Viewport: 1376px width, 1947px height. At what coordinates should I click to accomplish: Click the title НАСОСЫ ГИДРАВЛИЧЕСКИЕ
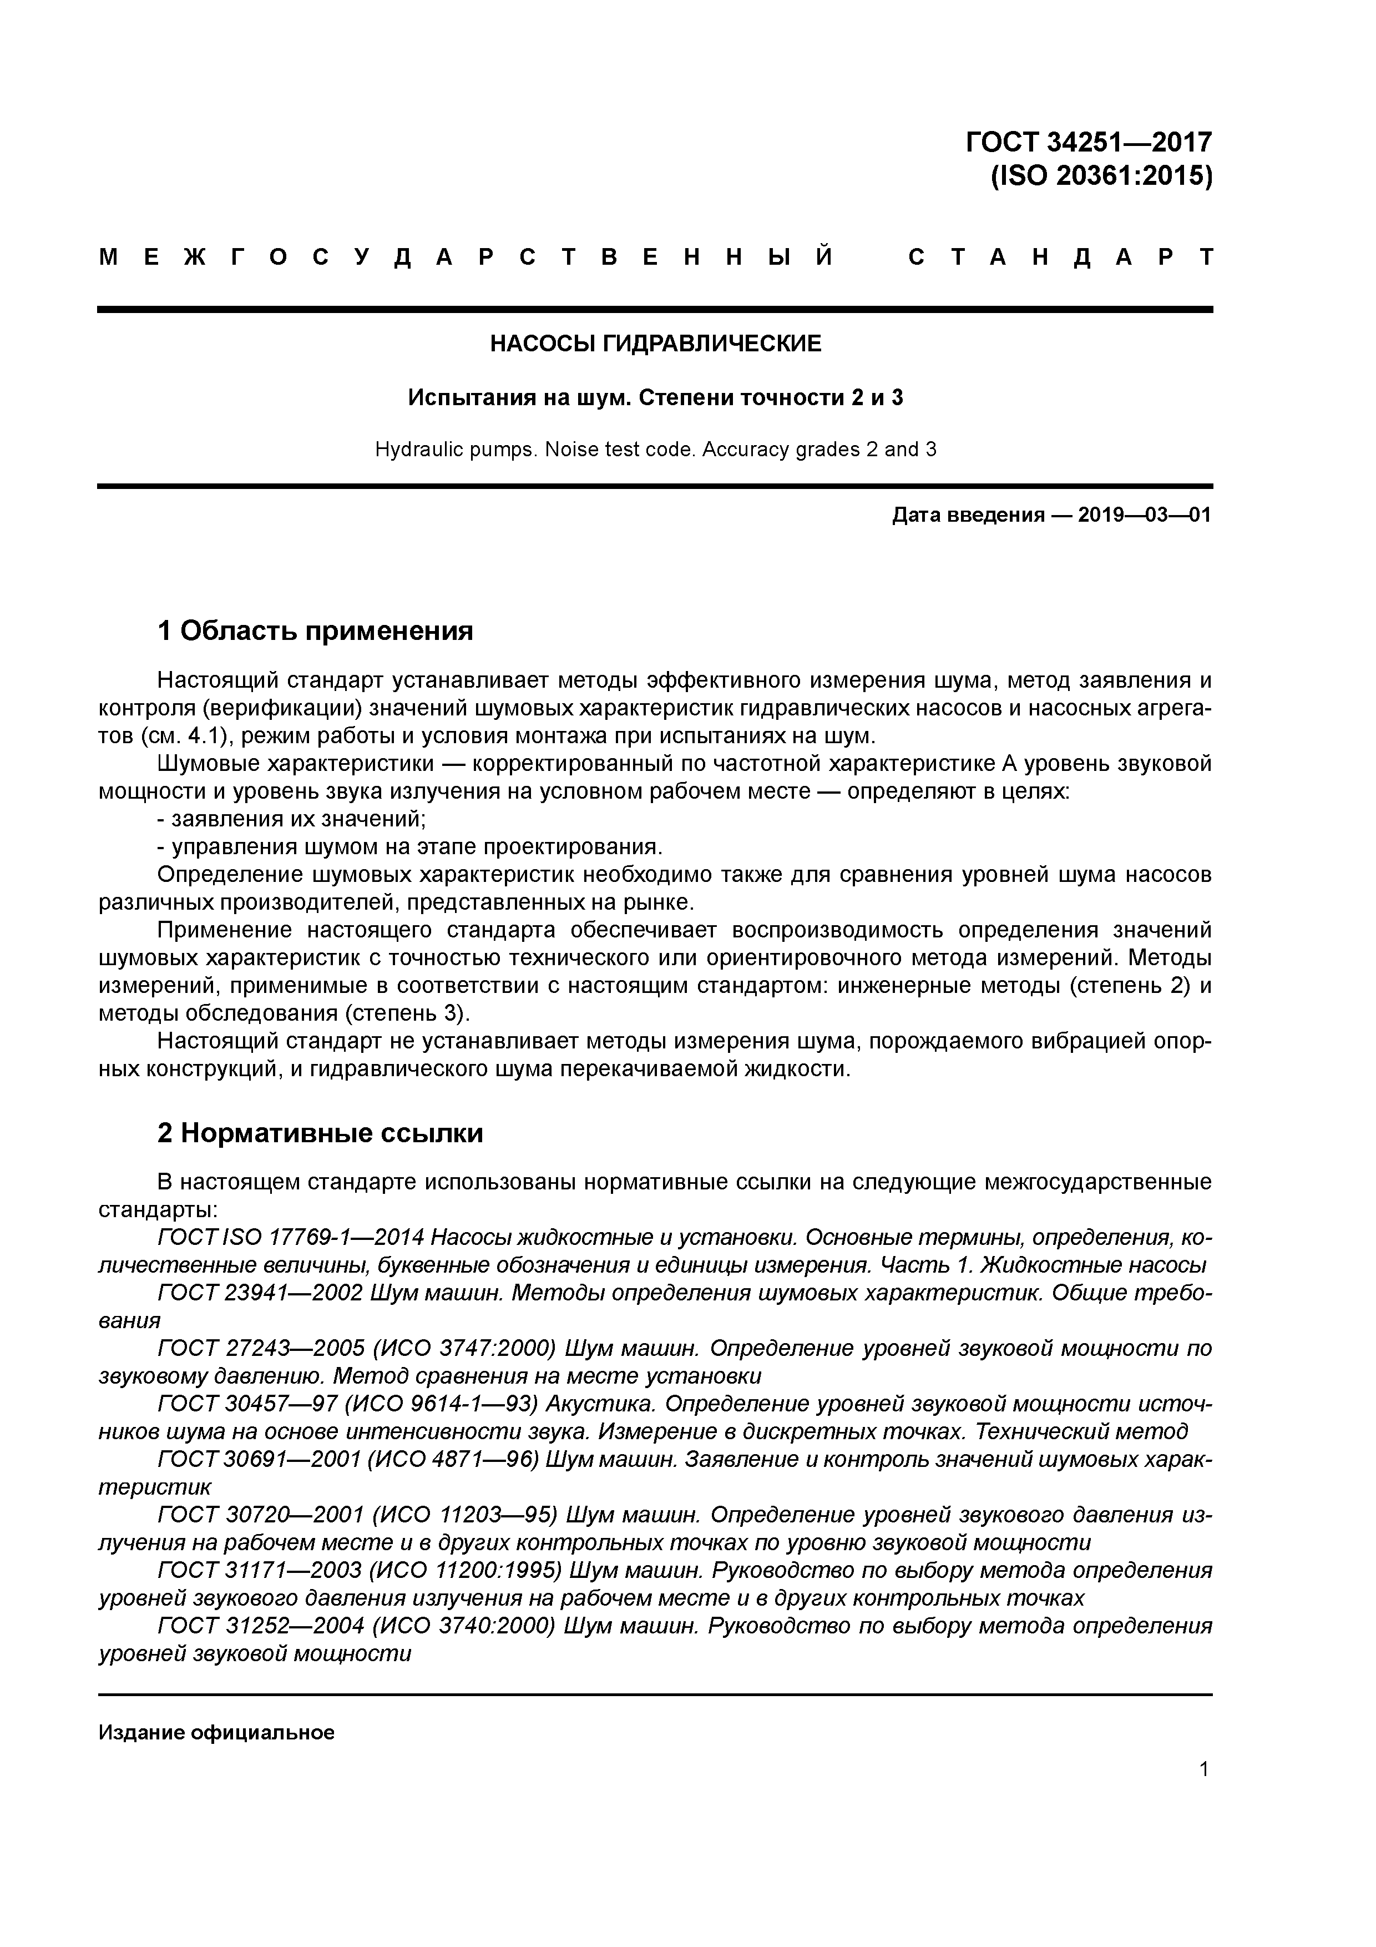(655, 344)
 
